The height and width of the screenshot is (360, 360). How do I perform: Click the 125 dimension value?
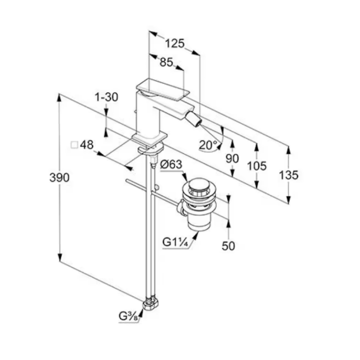point(175,43)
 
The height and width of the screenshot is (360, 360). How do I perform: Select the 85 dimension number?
point(167,62)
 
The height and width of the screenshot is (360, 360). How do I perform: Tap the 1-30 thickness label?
point(107,97)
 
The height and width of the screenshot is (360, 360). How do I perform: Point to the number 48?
point(87,145)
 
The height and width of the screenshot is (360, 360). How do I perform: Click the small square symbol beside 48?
point(74,145)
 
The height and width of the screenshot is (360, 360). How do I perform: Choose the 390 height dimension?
point(59,178)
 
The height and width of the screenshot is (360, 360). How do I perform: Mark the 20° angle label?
point(208,145)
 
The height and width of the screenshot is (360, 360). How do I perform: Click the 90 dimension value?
point(232,159)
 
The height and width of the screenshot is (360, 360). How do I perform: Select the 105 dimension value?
point(257,166)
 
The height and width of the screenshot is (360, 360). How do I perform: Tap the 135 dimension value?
point(288,175)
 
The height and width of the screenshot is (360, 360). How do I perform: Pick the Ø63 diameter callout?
point(171,164)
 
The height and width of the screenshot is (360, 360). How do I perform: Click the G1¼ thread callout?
point(175,242)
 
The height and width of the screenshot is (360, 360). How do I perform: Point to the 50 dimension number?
point(228,246)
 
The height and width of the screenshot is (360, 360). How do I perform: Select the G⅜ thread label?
point(128,316)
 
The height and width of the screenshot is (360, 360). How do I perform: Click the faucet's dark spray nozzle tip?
point(193,121)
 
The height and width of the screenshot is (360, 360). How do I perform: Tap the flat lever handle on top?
point(163,89)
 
